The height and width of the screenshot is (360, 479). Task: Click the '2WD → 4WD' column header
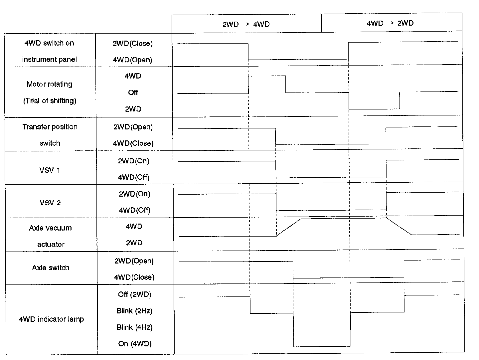tap(246, 24)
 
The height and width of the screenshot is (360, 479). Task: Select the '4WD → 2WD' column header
tap(390, 23)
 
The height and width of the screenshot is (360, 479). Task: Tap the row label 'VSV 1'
tap(50, 170)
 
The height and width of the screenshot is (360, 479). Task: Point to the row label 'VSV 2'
tap(50, 203)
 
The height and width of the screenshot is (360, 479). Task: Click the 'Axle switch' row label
tap(51, 268)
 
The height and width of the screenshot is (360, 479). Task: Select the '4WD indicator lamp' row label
tap(51, 319)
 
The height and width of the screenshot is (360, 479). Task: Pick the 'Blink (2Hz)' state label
tap(134, 311)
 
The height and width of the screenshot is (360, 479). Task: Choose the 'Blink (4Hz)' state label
tap(134, 327)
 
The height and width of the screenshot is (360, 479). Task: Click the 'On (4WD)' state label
tap(135, 344)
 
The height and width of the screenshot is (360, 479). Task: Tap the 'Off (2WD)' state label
tap(134, 295)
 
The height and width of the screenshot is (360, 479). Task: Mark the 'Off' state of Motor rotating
tap(133, 92)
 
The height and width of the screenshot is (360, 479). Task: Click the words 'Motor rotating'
tap(49, 84)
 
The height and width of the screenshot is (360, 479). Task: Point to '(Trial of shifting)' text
tap(50, 101)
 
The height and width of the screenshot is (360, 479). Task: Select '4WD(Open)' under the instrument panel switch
tap(132, 60)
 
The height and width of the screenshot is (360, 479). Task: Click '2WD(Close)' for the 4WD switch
tap(132, 44)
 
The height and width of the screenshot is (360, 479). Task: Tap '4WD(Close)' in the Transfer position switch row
tap(133, 143)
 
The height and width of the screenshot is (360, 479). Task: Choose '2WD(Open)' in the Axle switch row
tap(134, 261)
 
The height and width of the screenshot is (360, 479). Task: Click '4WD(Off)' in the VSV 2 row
tap(134, 210)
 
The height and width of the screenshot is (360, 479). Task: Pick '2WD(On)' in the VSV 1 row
tap(134, 161)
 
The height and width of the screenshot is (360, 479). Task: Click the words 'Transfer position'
tap(50, 127)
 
